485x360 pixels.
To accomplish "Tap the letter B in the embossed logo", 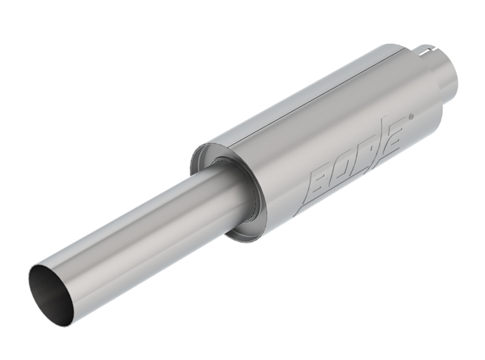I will tap(322, 175).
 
